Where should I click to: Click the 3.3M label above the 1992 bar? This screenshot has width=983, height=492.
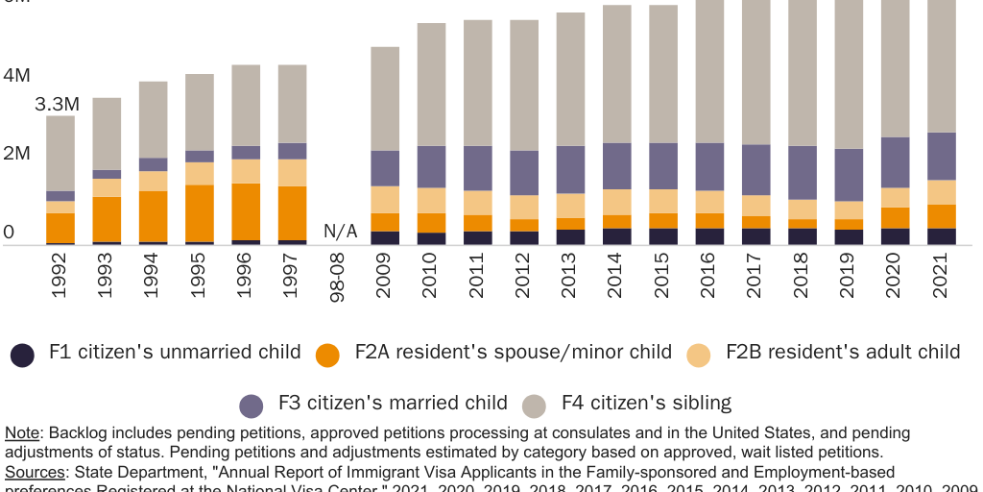click(57, 104)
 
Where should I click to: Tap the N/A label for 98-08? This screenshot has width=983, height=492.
click(340, 231)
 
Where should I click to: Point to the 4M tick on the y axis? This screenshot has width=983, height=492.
click(16, 75)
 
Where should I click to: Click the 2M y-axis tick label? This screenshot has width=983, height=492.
click(16, 153)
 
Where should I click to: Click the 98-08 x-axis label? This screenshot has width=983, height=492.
click(339, 279)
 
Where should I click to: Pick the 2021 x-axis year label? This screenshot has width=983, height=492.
click(943, 276)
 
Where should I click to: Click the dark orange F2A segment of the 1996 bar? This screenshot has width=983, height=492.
click(246, 211)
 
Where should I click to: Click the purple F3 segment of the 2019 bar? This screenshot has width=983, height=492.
click(850, 174)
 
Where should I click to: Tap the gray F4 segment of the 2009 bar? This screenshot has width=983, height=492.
click(385, 99)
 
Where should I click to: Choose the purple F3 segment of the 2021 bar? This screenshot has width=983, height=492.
click(943, 156)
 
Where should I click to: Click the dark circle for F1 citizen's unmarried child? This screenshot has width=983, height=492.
click(23, 355)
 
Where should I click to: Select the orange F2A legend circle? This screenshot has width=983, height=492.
click(328, 355)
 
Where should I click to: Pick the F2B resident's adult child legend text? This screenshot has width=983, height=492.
click(842, 352)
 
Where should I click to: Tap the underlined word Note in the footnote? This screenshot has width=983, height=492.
click(23, 433)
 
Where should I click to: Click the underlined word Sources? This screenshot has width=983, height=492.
click(36, 472)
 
